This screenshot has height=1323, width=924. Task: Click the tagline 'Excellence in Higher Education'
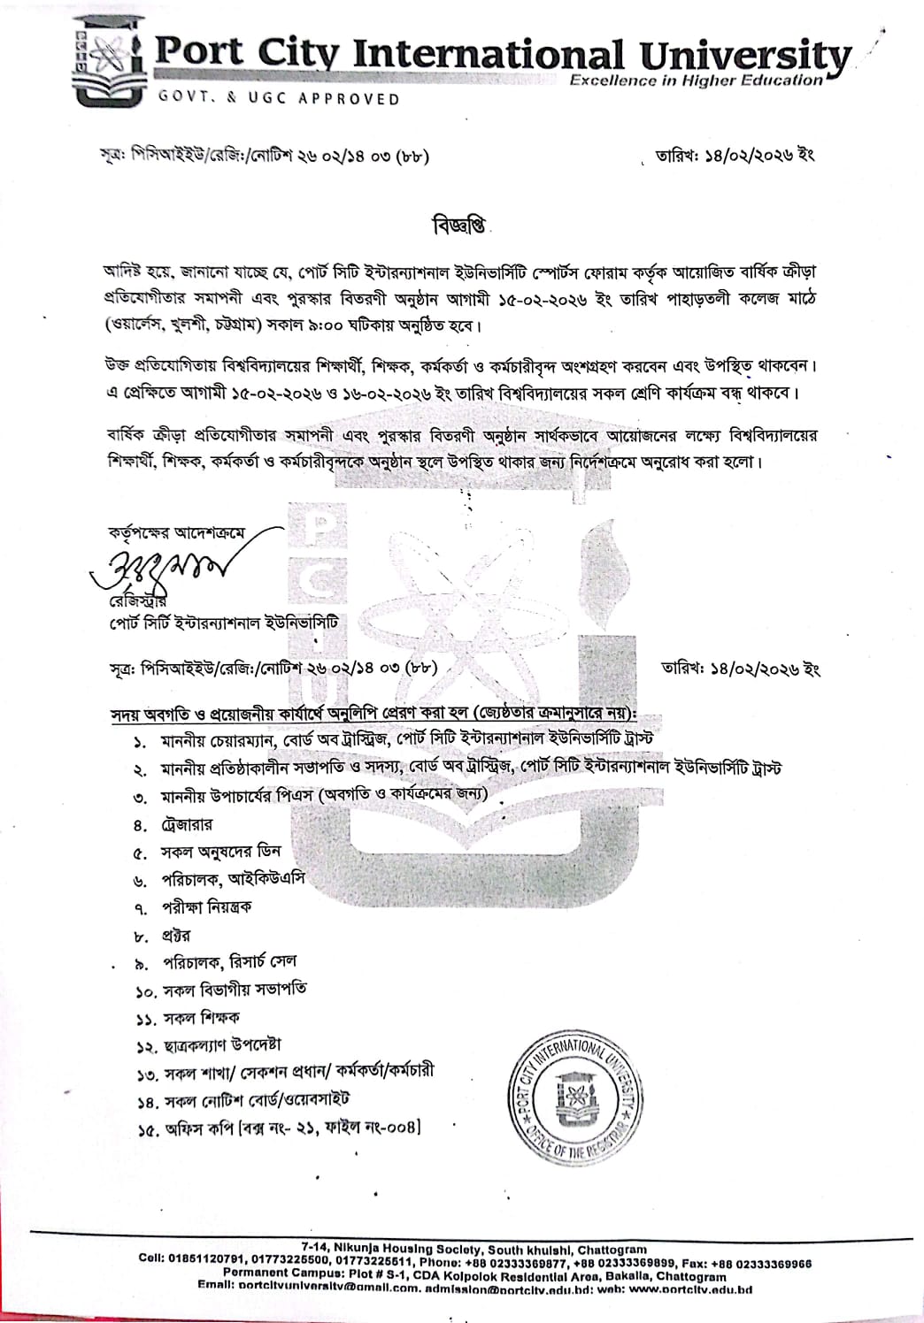(x=696, y=80)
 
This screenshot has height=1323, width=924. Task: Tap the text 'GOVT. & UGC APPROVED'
(x=279, y=99)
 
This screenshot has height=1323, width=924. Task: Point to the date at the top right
(x=733, y=157)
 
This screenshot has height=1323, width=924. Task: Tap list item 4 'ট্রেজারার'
(x=186, y=825)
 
